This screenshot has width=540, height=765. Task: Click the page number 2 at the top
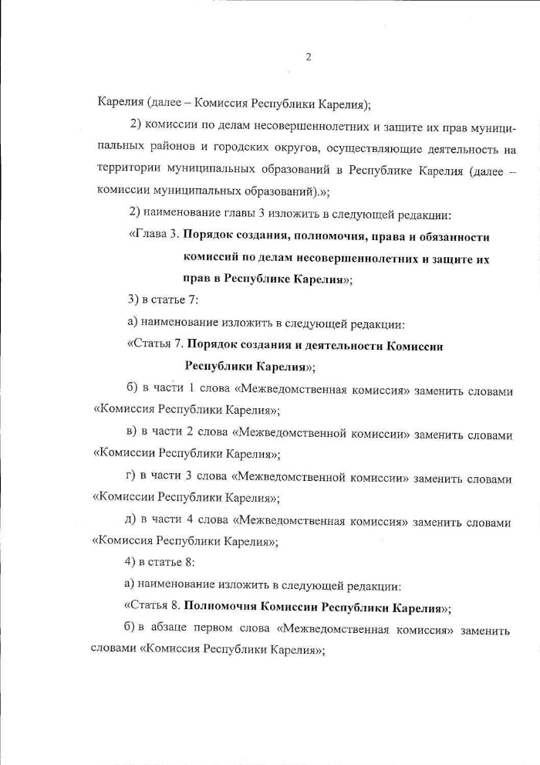(x=308, y=57)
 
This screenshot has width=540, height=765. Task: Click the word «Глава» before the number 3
(x=146, y=236)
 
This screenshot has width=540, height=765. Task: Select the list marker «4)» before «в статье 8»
(x=134, y=562)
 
